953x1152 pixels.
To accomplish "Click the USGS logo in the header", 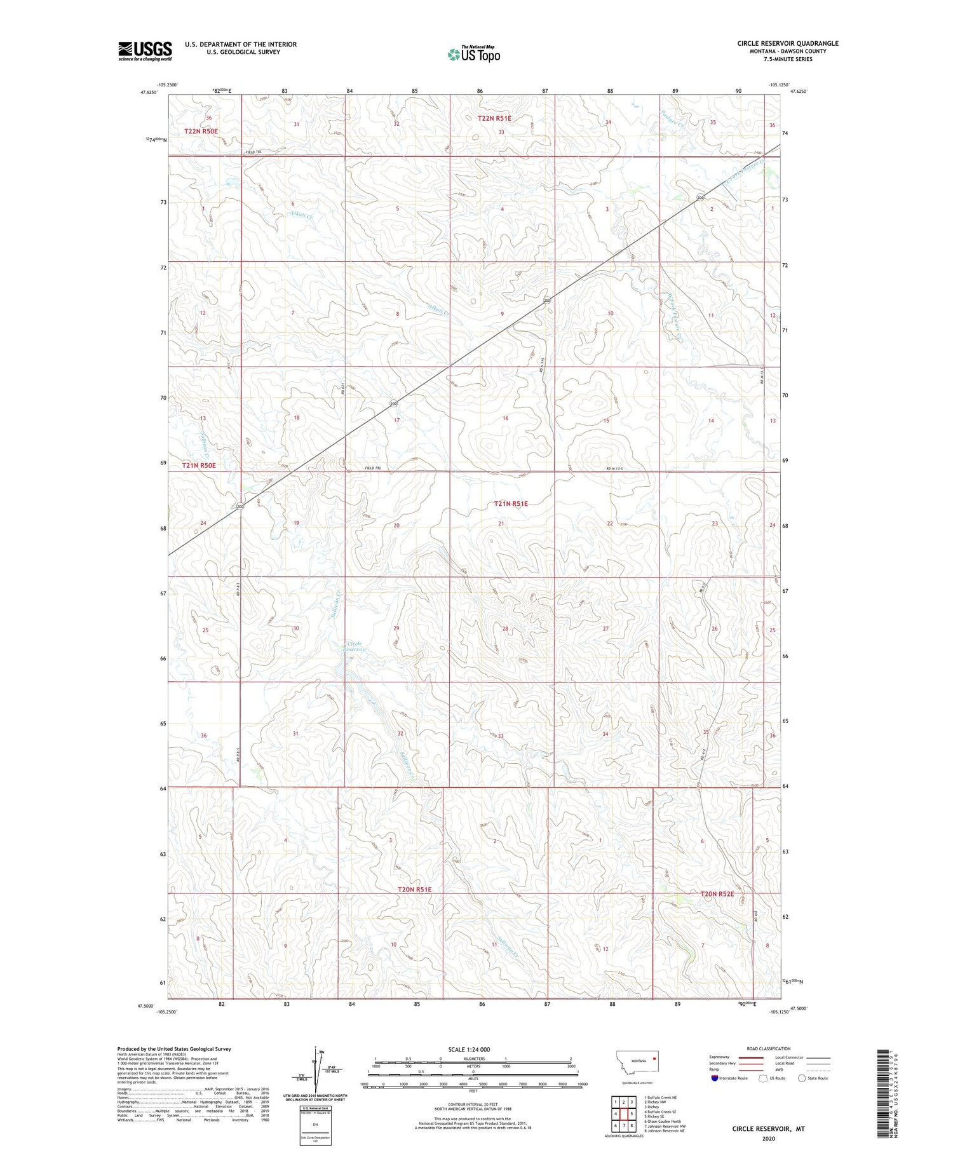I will click(x=145, y=51).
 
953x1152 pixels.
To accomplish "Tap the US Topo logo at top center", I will click(x=473, y=55).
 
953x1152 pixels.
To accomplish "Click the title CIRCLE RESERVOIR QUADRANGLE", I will click(x=779, y=43).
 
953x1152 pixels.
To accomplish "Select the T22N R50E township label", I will click(x=201, y=132).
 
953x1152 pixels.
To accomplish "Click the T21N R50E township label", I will click(x=199, y=466).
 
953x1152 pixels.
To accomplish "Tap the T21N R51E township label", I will click(x=511, y=504).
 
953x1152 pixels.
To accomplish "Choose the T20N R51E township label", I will click(x=414, y=890).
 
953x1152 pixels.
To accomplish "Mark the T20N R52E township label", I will click(x=717, y=894).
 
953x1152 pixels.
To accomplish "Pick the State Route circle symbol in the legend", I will click(x=802, y=1078).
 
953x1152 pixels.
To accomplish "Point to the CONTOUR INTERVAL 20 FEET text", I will click(x=471, y=1104).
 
